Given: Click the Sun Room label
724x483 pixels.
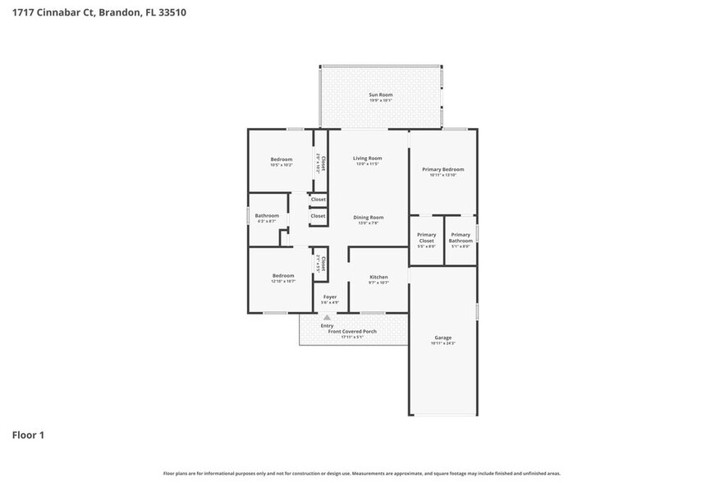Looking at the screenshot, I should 380,95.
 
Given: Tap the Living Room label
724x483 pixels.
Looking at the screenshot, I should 368,158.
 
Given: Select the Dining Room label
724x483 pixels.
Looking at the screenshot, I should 369,217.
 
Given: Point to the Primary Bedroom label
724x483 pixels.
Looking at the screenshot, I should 443,169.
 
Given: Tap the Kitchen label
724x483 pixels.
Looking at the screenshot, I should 378,278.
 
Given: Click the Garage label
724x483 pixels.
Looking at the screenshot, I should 443,338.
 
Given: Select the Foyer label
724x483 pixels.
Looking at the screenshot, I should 330,297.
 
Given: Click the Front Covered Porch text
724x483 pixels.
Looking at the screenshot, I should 347,331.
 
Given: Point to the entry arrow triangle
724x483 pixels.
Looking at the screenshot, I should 328,316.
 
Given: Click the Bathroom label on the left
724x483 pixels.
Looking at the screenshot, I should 267,215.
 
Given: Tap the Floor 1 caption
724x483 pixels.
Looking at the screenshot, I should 28,435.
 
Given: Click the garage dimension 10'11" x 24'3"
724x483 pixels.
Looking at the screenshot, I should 443,343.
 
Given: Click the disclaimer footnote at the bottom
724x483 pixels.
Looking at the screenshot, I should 361,473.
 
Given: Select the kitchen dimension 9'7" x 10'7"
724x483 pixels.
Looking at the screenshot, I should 378,283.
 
